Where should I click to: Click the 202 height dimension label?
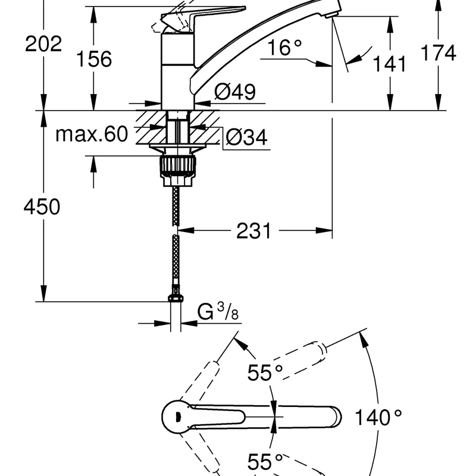[x=43, y=44]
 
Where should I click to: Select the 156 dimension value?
[x=93, y=59]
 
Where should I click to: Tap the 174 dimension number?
[x=439, y=52]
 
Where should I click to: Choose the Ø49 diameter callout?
[x=235, y=92]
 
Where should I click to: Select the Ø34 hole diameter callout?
[x=246, y=138]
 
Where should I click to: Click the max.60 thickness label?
[x=92, y=134]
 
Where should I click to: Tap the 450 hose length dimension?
[x=42, y=207]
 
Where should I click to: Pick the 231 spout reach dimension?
[x=254, y=230]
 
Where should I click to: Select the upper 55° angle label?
[x=265, y=374]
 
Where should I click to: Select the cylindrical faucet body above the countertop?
[x=177, y=71]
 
